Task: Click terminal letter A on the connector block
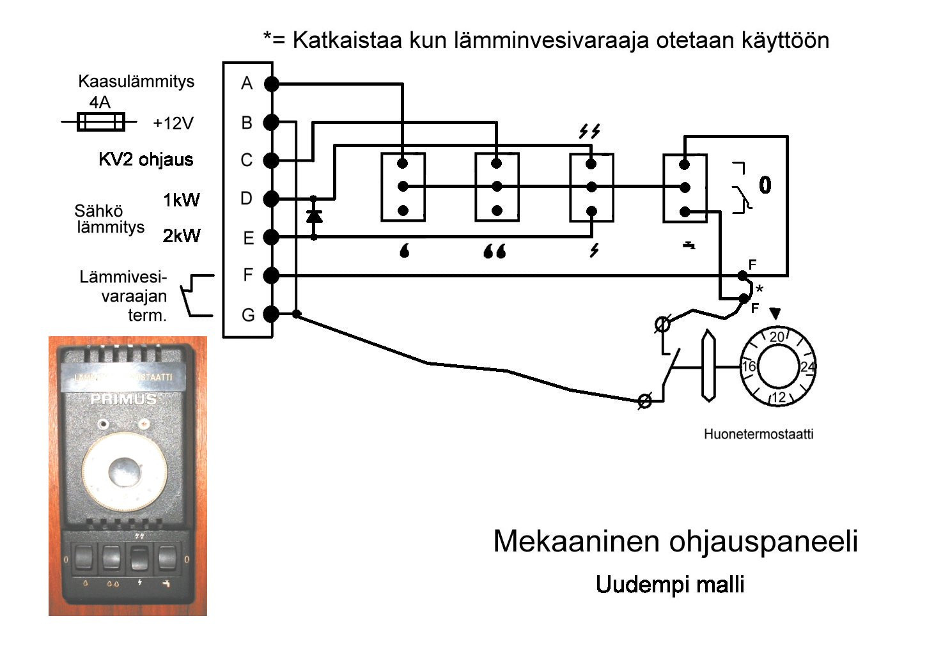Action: (247, 83)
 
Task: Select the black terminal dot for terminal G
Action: (271, 314)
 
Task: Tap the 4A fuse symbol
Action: (100, 121)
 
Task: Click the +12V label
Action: (173, 123)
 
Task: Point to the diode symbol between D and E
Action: (313, 216)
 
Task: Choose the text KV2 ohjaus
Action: (146, 159)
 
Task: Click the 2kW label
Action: (181, 236)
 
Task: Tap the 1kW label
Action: (181, 200)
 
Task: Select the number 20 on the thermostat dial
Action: (777, 337)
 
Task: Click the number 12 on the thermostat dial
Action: (778, 397)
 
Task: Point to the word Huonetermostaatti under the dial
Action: (758, 435)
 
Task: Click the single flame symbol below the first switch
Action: (404, 251)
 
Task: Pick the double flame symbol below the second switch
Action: (495, 251)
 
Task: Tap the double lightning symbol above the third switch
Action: (589, 132)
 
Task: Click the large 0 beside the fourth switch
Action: (765, 185)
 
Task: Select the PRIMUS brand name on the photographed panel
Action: (123, 399)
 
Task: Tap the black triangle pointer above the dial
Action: (775, 313)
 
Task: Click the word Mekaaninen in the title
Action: (576, 541)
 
